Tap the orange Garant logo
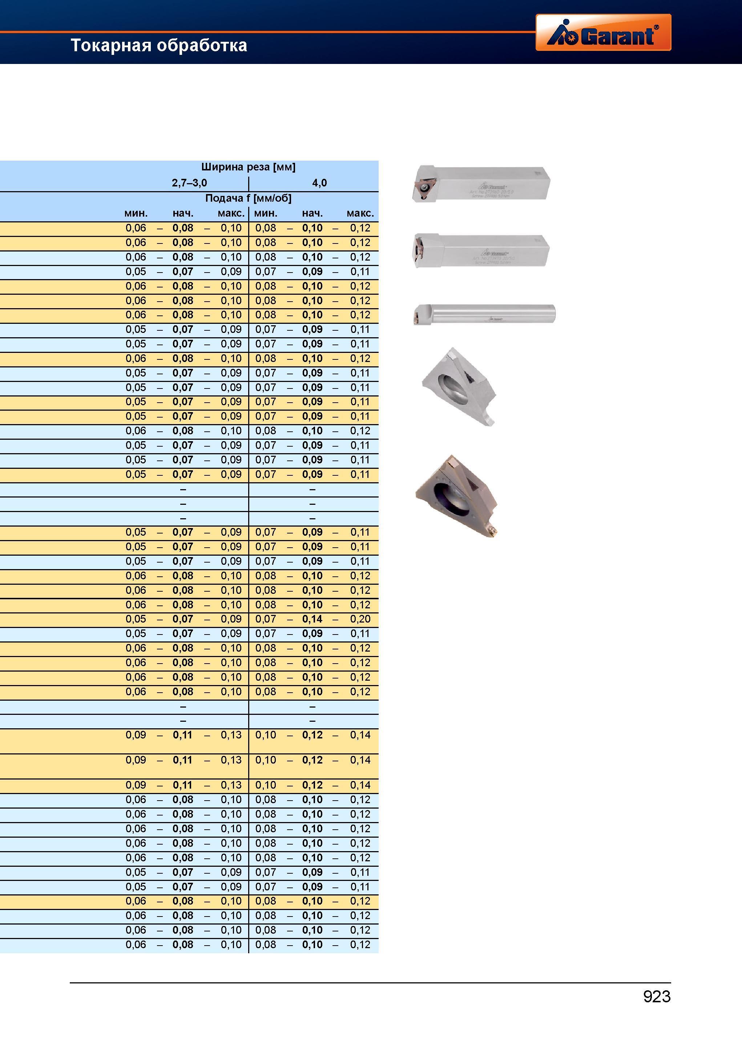pyautogui.click(x=603, y=32)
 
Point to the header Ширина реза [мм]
pyautogui.click(x=248, y=167)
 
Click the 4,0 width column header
pyautogui.click(x=319, y=183)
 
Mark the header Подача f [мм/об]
pyautogui.click(x=248, y=198)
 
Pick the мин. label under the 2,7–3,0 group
pyautogui.click(x=136, y=213)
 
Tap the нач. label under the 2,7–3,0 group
pyautogui.click(x=183, y=213)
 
